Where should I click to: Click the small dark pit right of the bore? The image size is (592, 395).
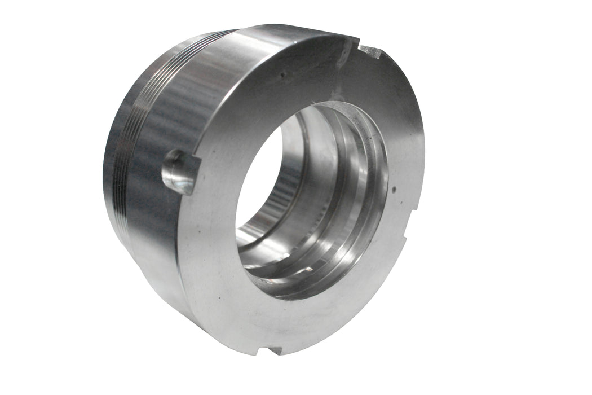[x=394, y=190]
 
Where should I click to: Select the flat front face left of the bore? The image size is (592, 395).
[x=211, y=226]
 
